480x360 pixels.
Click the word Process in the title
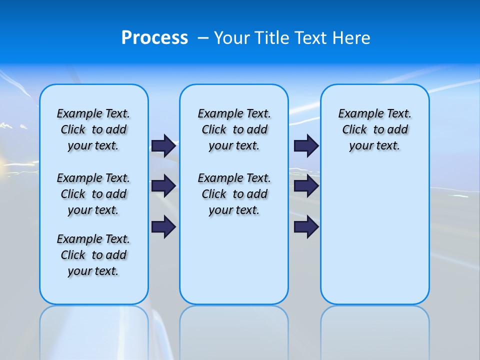click(x=154, y=38)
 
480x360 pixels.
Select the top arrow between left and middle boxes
click(x=163, y=146)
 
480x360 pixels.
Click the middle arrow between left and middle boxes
click(x=163, y=186)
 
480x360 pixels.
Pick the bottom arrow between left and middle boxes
click(x=163, y=227)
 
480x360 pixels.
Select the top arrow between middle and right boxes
click(x=306, y=146)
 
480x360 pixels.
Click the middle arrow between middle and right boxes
click(x=306, y=186)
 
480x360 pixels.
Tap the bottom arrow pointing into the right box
click(x=306, y=227)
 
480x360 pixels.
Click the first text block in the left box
click(x=93, y=129)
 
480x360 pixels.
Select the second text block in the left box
click(x=93, y=194)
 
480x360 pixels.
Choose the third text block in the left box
click(x=93, y=255)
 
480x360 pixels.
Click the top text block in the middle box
click(x=234, y=129)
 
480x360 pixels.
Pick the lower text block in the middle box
click(x=234, y=194)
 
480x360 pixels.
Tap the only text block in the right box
click(x=375, y=129)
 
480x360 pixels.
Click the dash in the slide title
click(x=203, y=38)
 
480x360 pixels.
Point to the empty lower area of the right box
click(x=375, y=235)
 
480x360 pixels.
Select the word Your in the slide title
click(x=232, y=38)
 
